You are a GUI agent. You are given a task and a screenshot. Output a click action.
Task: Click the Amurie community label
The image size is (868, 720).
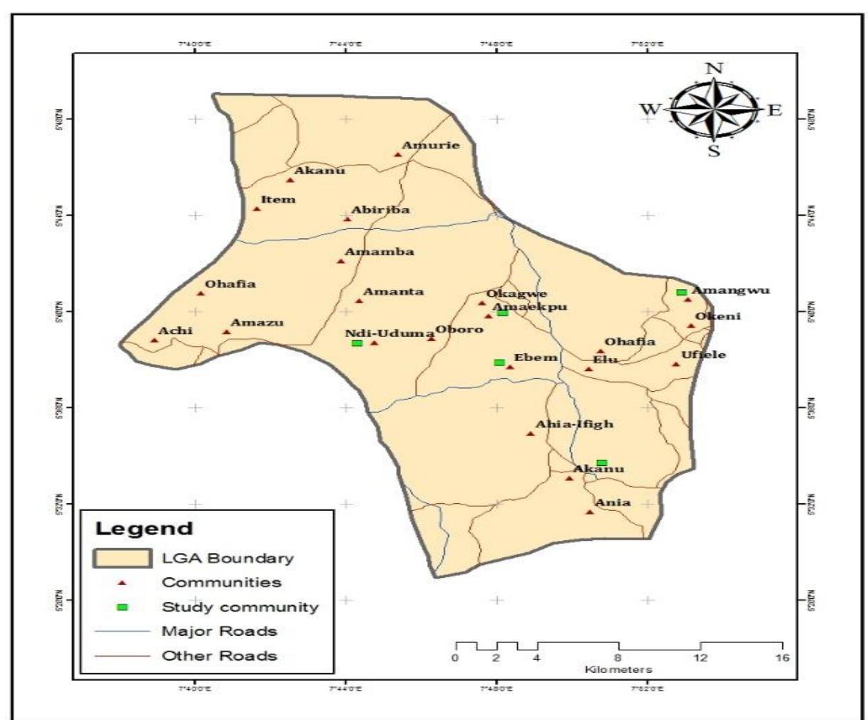click(x=431, y=146)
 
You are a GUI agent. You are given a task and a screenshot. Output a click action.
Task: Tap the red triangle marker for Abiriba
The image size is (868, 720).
click(x=347, y=218)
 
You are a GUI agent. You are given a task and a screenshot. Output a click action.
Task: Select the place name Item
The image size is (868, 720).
click(x=278, y=200)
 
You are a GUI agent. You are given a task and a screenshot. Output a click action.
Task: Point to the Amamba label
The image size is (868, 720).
click(x=379, y=252)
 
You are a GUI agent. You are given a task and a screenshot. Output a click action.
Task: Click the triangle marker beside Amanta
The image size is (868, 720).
click(x=359, y=300)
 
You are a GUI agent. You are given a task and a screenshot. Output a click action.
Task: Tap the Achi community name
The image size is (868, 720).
click(x=175, y=331)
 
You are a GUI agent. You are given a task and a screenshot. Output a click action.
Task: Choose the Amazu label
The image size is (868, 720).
click(x=257, y=323)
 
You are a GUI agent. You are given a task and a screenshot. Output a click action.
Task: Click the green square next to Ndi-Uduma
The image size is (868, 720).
click(x=357, y=343)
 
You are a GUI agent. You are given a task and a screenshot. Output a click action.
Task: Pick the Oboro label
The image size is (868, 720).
click(x=459, y=330)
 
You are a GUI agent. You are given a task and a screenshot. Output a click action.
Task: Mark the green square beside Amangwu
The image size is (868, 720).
click(x=681, y=292)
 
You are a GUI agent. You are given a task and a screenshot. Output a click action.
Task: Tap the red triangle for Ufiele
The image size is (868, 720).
click(x=675, y=365)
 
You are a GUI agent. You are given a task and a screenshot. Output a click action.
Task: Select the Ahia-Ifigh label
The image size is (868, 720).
click(x=574, y=425)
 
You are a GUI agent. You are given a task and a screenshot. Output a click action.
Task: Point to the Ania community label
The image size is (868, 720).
click(x=613, y=502)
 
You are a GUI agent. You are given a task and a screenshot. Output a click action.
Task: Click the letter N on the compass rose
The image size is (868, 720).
click(x=714, y=69)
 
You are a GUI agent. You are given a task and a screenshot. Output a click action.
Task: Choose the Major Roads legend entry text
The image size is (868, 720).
click(x=219, y=632)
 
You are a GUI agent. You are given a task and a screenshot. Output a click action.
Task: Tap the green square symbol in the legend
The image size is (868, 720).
click(x=122, y=607)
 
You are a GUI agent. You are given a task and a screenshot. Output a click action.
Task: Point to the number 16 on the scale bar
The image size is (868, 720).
click(x=782, y=657)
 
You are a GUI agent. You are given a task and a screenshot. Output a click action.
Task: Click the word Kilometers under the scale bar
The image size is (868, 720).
click(x=618, y=669)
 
